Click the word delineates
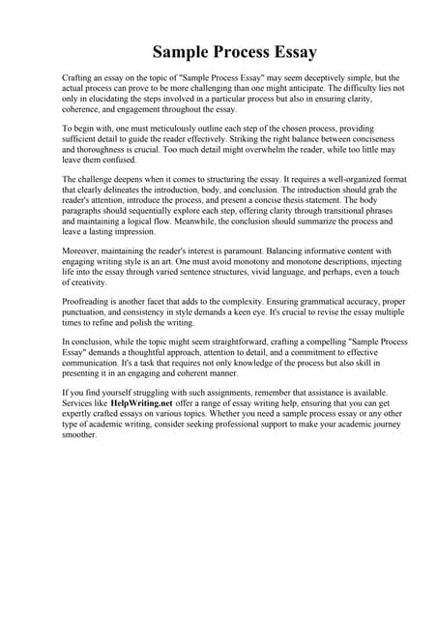tap(118, 192)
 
